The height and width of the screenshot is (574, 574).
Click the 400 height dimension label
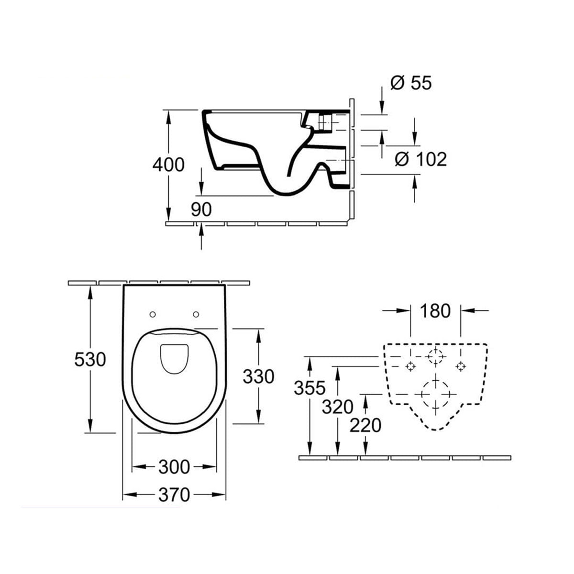(x=168, y=165)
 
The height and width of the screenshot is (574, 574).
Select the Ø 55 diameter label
(x=411, y=83)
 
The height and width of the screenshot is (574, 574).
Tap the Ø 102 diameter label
(x=421, y=159)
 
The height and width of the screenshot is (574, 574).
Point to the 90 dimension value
(x=201, y=210)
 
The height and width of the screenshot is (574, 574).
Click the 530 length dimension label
(x=89, y=359)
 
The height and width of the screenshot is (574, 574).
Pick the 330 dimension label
(x=258, y=376)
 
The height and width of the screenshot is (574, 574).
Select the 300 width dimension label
(x=174, y=466)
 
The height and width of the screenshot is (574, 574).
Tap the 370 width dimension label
(x=174, y=495)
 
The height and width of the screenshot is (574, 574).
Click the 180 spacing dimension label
(x=435, y=311)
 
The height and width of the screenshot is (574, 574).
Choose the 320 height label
(x=337, y=407)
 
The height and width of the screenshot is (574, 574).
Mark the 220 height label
(x=365, y=425)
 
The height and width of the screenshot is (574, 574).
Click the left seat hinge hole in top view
(x=153, y=314)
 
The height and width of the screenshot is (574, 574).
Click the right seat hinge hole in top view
(x=196, y=314)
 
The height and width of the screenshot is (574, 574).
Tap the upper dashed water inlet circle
(x=435, y=356)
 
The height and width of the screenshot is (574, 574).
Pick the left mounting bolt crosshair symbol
(x=410, y=366)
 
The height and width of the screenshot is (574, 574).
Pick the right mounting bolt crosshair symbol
(x=461, y=366)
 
